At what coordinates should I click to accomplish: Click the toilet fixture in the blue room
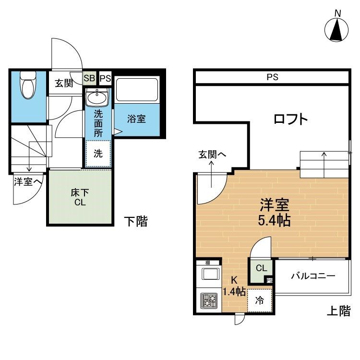[28, 85]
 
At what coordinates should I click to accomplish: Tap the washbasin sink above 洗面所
[96, 97]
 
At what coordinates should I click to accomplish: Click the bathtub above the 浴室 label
[137, 90]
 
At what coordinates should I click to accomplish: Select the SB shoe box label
[89, 78]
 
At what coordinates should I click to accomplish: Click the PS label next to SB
[106, 79]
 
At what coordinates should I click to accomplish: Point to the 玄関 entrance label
[64, 83]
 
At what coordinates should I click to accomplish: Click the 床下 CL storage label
[80, 197]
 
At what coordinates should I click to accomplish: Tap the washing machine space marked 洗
[98, 154]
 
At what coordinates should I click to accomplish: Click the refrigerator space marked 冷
[260, 300]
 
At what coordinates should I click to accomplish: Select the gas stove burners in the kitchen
[209, 300]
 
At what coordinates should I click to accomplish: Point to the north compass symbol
[336, 30]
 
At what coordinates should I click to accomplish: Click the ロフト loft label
[291, 119]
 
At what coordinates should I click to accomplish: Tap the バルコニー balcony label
[313, 276]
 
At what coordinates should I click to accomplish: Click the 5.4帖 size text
[275, 220]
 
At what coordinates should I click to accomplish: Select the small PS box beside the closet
[270, 280]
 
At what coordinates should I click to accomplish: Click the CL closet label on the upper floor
[261, 268]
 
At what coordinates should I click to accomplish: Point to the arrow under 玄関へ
[211, 174]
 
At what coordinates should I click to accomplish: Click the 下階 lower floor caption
[136, 221]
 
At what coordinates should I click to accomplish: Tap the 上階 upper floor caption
[339, 311]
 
